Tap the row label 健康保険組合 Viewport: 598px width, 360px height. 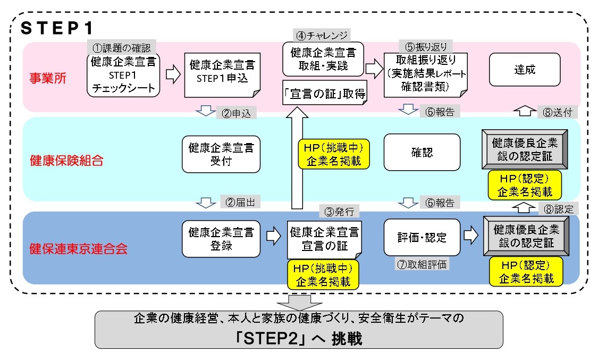click(x=60, y=161)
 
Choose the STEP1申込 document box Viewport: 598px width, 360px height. click(x=222, y=75)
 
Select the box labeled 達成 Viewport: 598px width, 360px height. click(x=524, y=70)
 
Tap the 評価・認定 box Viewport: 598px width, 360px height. click(x=422, y=237)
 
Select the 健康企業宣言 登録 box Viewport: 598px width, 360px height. click(x=221, y=239)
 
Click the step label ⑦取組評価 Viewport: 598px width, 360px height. click(x=422, y=263)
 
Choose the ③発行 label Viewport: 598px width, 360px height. click(x=340, y=211)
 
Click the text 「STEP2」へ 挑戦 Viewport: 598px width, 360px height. click(x=298, y=339)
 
